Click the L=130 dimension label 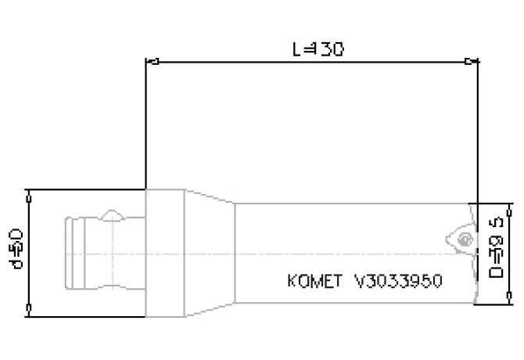(x=318, y=49)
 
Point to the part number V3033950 (x=399, y=279)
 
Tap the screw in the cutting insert (x=466, y=239)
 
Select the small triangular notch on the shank (x=113, y=213)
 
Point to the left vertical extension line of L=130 (x=146, y=125)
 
